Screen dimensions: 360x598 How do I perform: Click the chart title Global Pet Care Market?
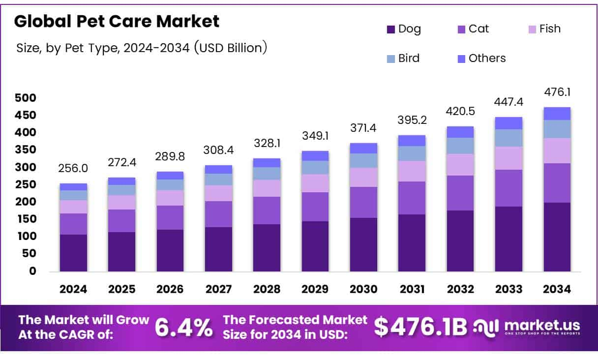[x=117, y=22]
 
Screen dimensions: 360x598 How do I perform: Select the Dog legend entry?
[x=404, y=29]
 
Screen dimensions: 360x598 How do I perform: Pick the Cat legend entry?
[x=473, y=29]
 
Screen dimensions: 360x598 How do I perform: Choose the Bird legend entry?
[x=403, y=59]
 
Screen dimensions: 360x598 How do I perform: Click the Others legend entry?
[x=481, y=59]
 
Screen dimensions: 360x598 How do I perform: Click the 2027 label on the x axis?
[x=218, y=290]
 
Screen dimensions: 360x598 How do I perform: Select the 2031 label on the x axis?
[x=412, y=290]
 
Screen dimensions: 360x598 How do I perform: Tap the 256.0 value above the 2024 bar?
[x=73, y=169]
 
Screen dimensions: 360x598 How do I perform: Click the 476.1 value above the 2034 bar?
[x=557, y=92]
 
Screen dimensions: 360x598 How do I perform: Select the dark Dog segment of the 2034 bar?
[x=557, y=237]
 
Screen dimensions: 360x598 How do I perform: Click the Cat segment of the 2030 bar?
[x=363, y=202]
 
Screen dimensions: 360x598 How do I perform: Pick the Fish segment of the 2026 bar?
[x=170, y=198]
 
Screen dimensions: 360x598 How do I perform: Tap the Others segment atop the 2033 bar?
[x=508, y=123]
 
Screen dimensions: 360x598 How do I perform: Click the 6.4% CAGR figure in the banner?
[x=184, y=328]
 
